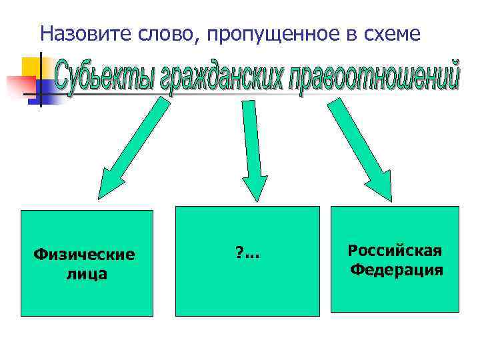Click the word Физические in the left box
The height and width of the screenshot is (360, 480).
85,255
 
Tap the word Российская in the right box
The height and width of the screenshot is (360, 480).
395,251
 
